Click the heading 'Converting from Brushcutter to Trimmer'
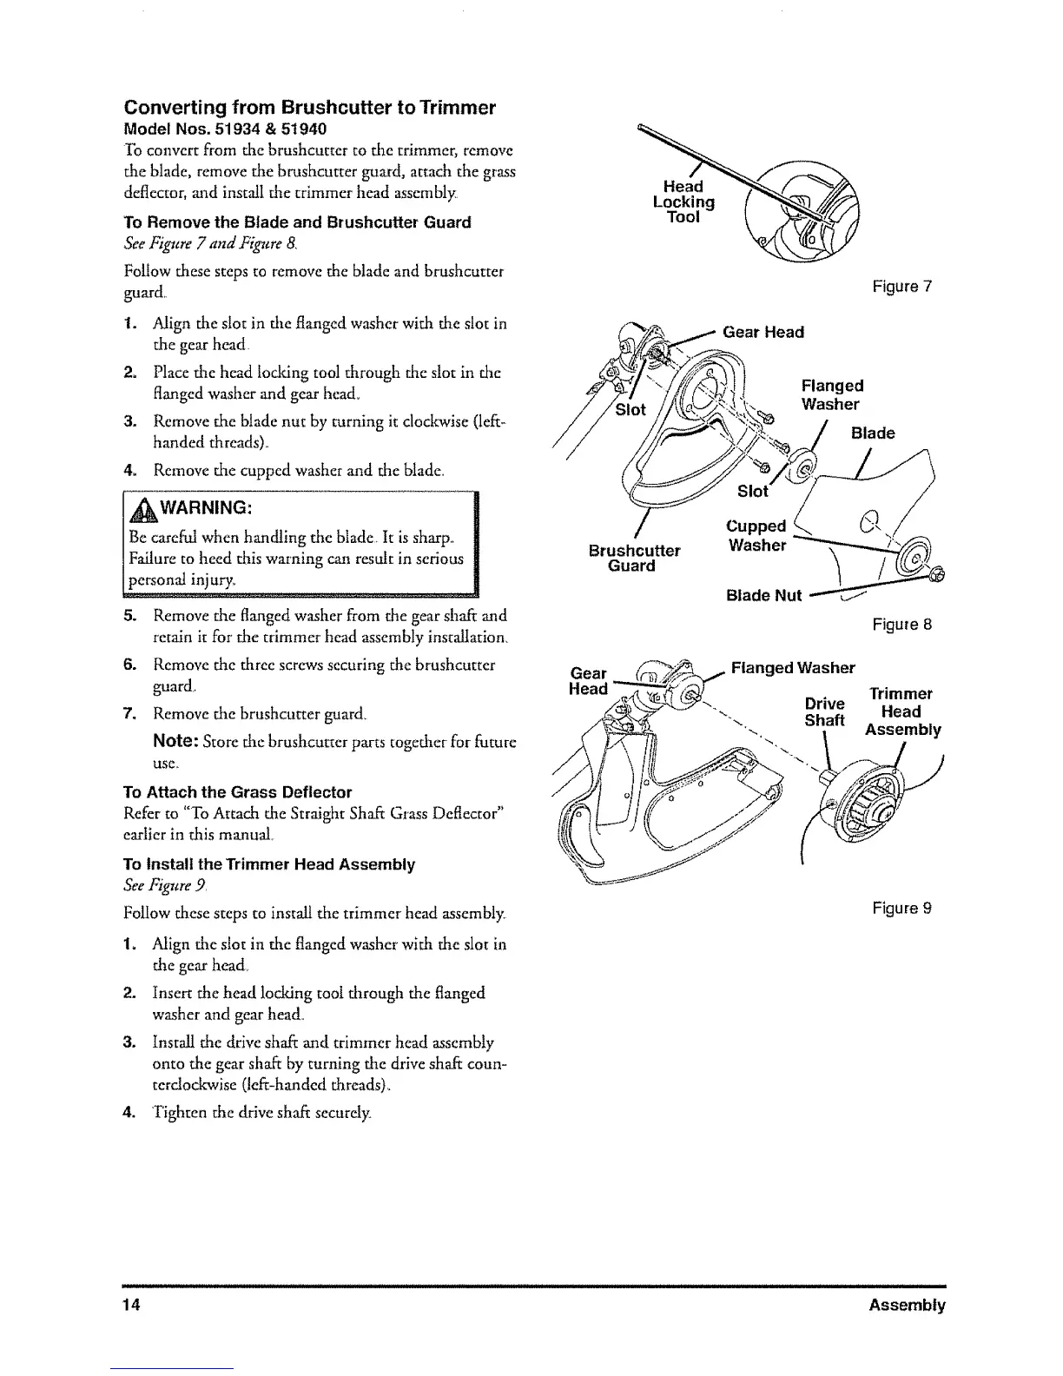(x=310, y=108)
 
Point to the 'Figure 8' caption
(x=902, y=624)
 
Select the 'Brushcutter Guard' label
(x=634, y=559)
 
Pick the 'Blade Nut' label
(x=763, y=595)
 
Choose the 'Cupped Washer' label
(x=756, y=536)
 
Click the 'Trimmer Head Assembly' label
(x=902, y=711)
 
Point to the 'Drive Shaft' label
(x=824, y=711)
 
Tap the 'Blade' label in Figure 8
(x=873, y=433)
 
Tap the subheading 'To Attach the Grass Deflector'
(x=238, y=792)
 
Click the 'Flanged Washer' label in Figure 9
(x=792, y=668)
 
